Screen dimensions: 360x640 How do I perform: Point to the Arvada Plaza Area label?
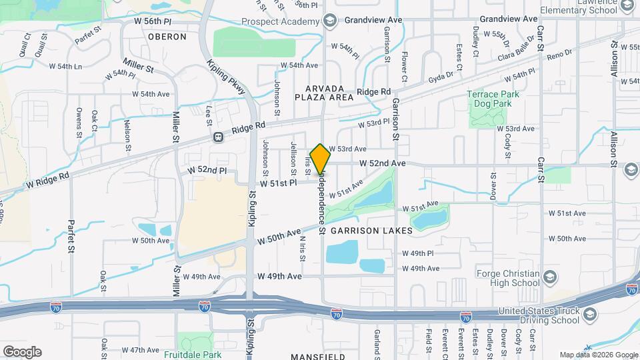click(x=325, y=93)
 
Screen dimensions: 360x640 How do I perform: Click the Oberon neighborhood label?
click(x=167, y=37)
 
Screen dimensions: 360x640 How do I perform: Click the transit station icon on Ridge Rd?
click(x=217, y=137)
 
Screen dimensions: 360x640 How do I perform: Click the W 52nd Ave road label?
click(x=383, y=163)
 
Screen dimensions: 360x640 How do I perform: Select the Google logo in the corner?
click(x=22, y=351)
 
